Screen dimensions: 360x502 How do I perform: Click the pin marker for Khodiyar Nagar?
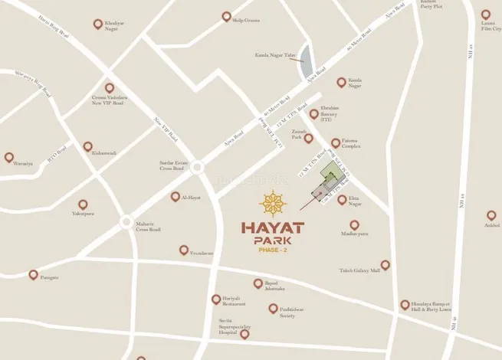(97, 25)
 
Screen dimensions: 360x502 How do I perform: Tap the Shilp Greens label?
(247, 21)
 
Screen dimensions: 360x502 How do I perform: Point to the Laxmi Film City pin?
(486, 15)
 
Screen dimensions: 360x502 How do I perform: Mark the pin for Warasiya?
(9, 157)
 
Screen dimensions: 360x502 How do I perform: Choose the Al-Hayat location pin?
(176, 197)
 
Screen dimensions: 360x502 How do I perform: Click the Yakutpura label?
(83, 214)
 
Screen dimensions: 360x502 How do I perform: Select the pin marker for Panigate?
(33, 274)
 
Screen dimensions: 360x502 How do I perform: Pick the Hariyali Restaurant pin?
(216, 299)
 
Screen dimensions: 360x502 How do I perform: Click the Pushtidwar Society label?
(282, 313)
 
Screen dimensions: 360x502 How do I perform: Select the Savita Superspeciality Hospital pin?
(244, 333)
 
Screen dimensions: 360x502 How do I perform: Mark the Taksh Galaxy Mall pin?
(385, 265)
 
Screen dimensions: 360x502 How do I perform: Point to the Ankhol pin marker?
(491, 215)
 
